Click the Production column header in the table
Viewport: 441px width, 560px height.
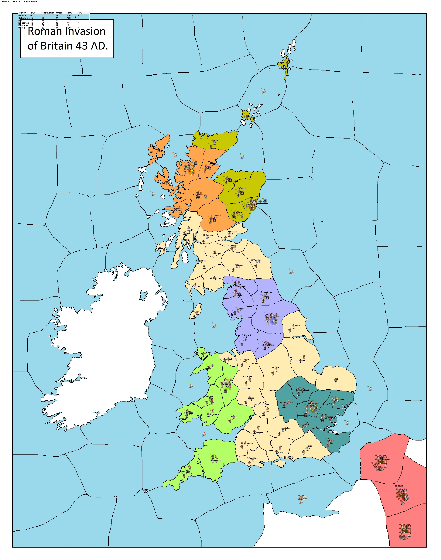(x=48, y=13)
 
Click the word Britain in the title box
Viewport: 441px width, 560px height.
(x=56, y=46)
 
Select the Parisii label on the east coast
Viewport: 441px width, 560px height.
(x=297, y=325)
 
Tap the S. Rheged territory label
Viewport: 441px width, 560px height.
(x=246, y=335)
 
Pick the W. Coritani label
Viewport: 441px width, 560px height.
(x=277, y=367)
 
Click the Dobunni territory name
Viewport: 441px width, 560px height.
(x=265, y=404)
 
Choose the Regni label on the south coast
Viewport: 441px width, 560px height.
(x=309, y=446)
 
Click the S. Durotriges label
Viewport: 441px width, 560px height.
(x=252, y=458)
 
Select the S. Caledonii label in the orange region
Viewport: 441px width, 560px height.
(x=216, y=216)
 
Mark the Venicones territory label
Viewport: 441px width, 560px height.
(x=232, y=232)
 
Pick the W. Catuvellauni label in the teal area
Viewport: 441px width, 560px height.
(x=286, y=403)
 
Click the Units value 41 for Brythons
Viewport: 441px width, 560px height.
(x=57, y=25)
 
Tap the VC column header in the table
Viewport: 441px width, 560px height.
(x=80, y=13)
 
